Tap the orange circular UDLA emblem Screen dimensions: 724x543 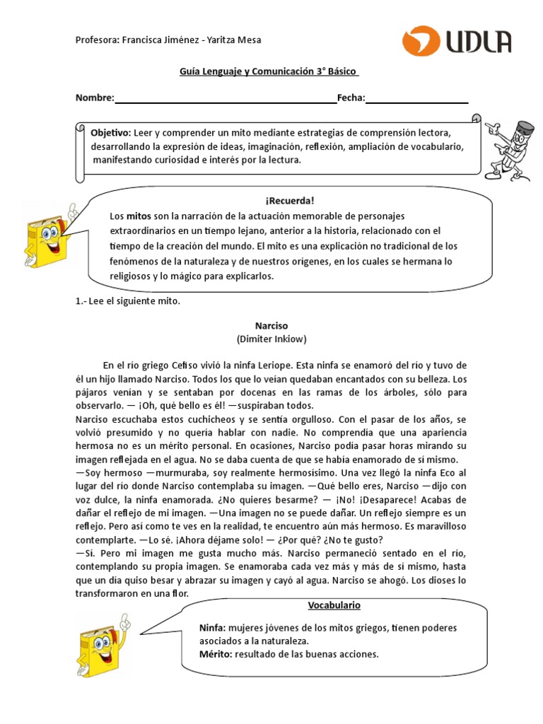coord(421,42)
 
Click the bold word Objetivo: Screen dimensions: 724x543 coord(110,133)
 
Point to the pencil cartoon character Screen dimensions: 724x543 coord(513,145)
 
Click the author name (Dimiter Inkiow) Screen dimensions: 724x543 coord(271,339)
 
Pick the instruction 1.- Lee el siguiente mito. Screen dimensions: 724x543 coord(128,301)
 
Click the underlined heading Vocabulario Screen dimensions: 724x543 coord(334,606)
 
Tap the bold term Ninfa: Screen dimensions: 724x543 coord(212,629)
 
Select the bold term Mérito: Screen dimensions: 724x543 coord(215,654)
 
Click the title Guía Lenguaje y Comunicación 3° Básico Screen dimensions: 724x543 coord(267,71)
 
